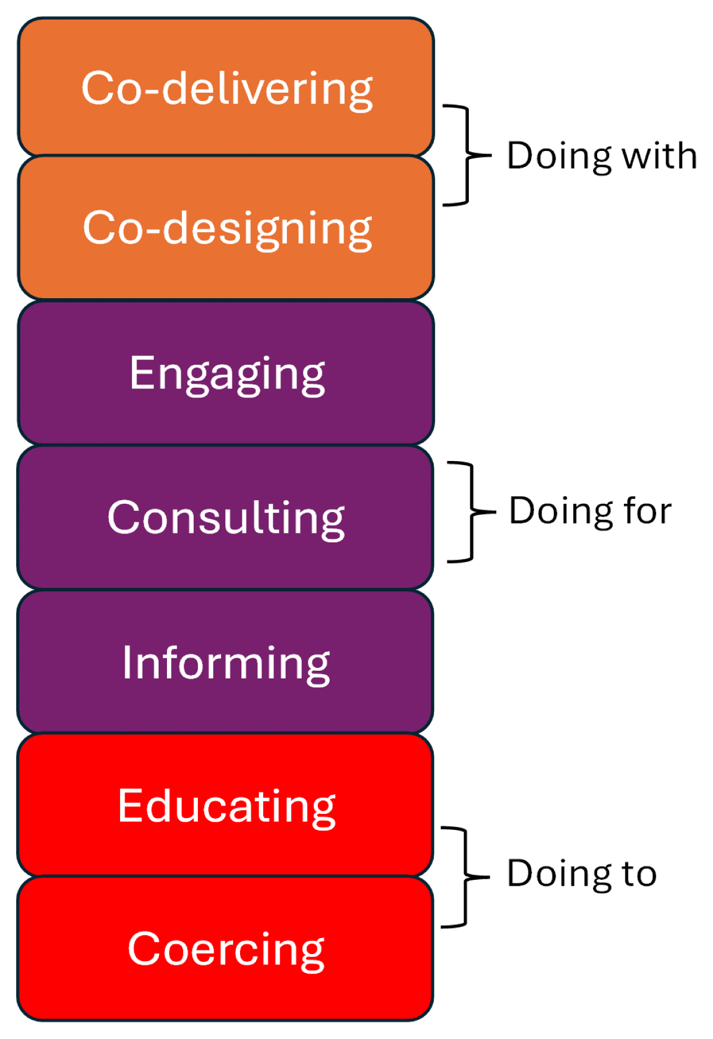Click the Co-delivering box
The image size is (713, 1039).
[x=226, y=87]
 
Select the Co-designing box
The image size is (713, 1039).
[x=226, y=228]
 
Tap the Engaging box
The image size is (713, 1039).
[x=226, y=372]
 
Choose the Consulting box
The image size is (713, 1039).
[x=226, y=517]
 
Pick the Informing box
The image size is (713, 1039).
[x=226, y=661]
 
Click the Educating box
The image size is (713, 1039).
[x=226, y=805]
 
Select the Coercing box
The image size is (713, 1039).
[x=226, y=949]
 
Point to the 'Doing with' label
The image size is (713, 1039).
[x=602, y=156]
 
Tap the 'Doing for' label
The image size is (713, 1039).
[x=590, y=511]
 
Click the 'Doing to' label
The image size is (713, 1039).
[x=582, y=873]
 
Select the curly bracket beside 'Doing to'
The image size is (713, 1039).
[x=466, y=876]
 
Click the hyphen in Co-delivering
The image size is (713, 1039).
[x=152, y=91]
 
